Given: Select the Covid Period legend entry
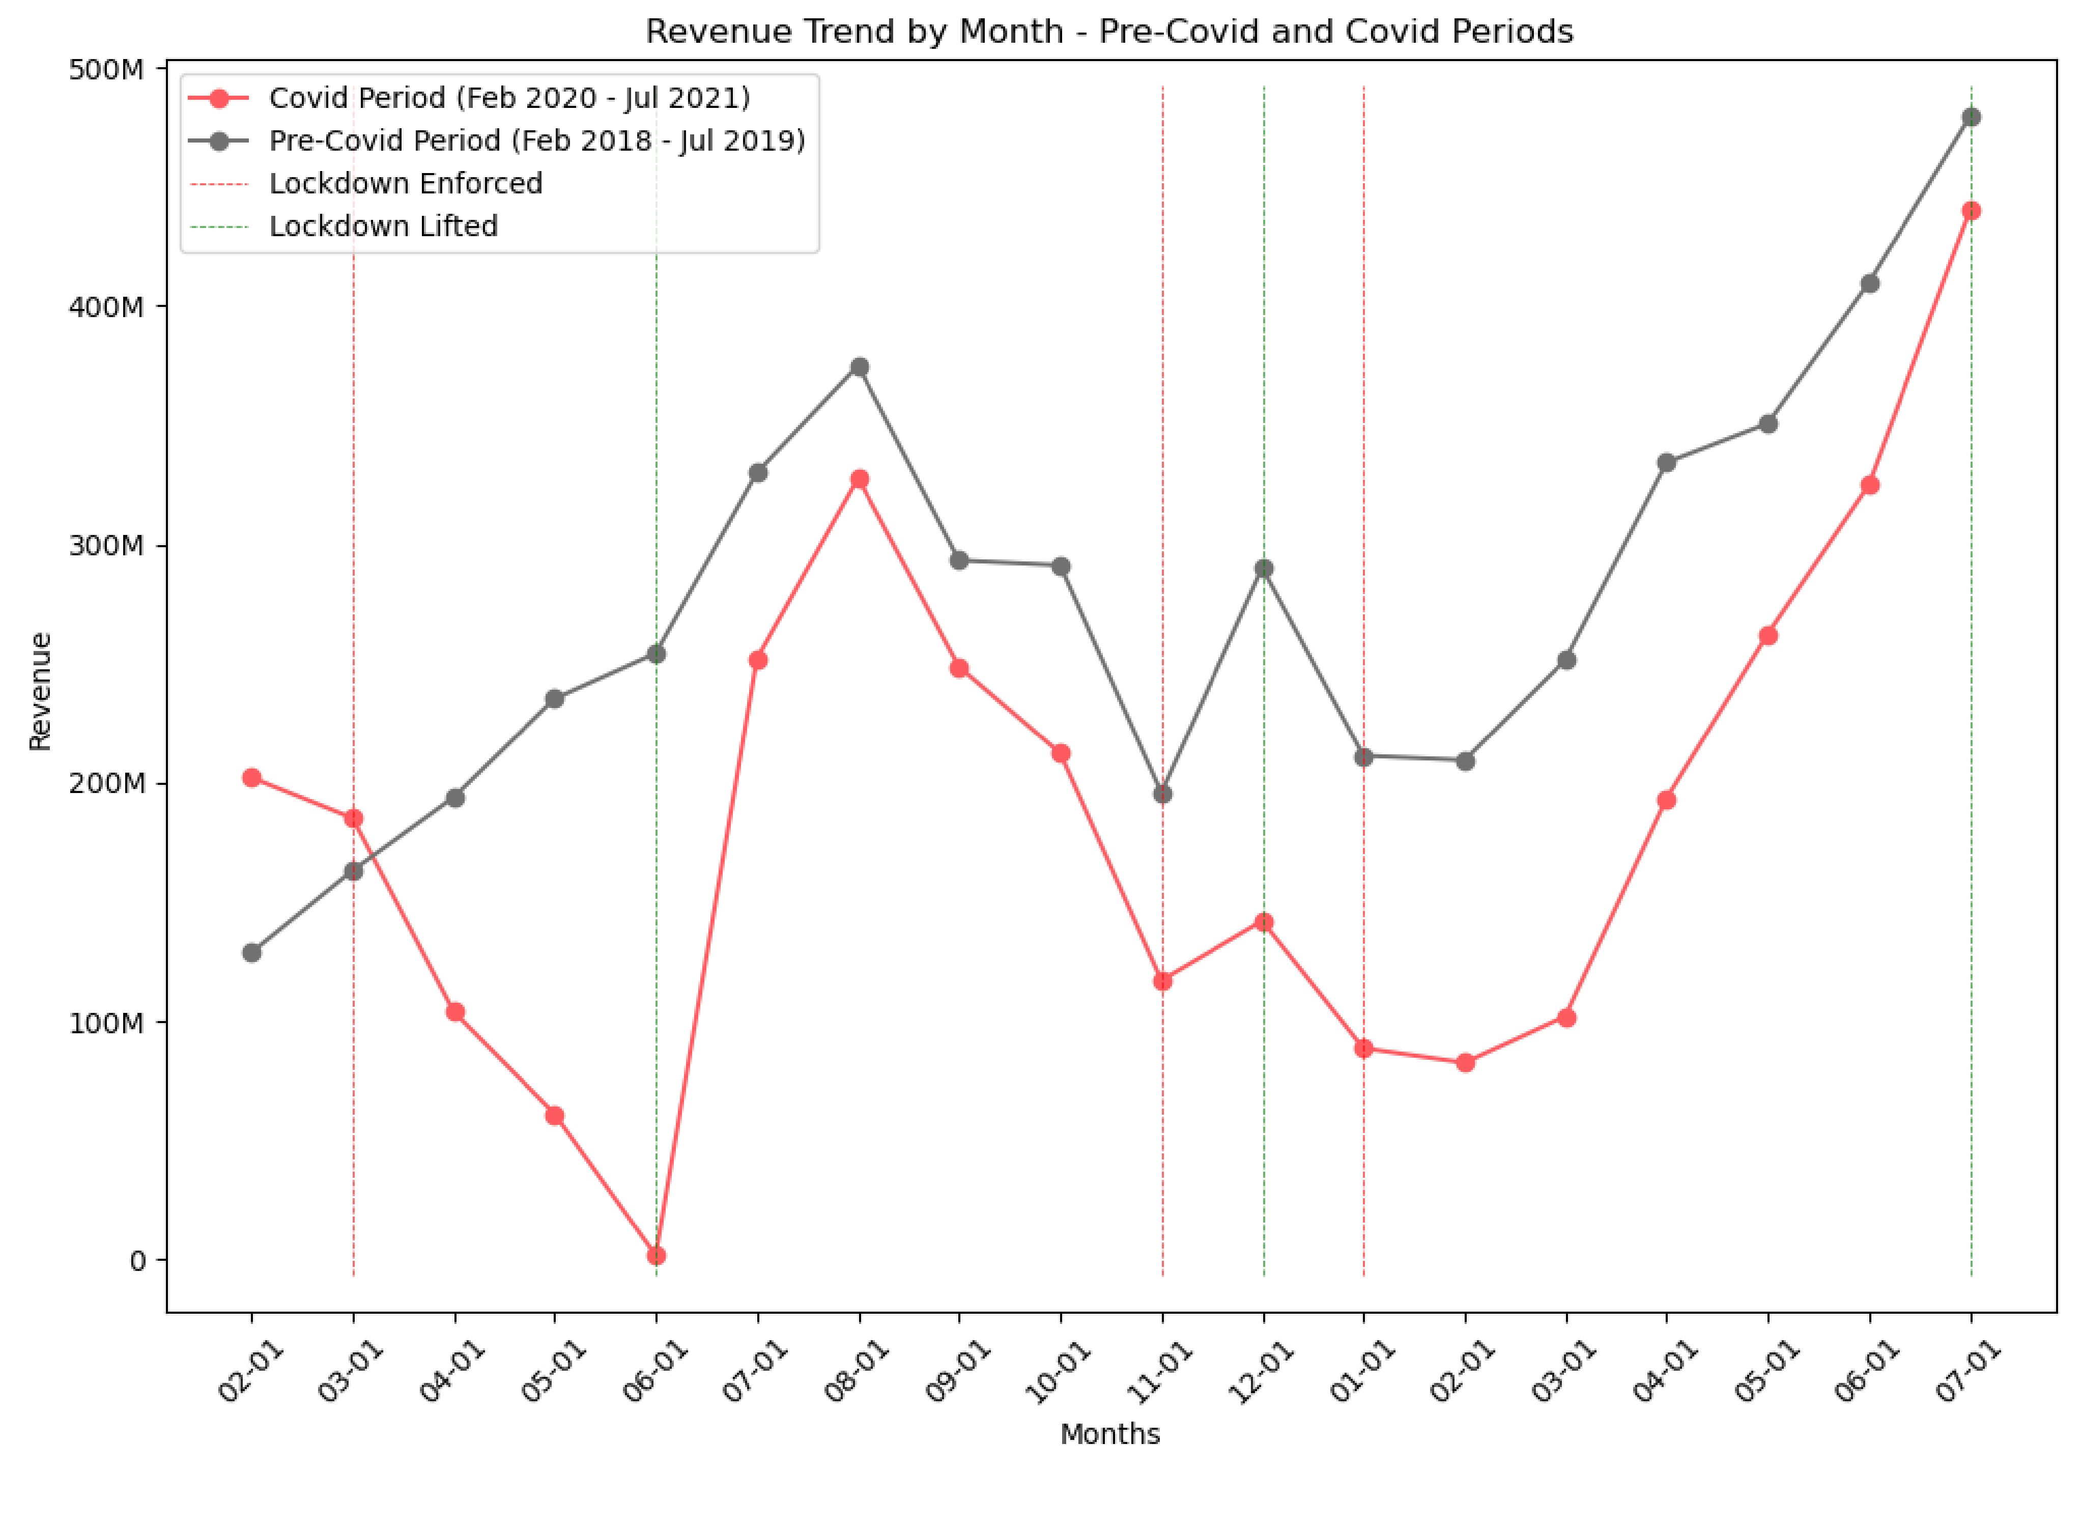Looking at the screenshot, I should (509, 98).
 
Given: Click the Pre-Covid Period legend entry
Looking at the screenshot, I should (536, 140).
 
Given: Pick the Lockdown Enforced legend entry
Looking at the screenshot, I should (405, 183).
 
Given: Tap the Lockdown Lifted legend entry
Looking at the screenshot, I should (383, 225).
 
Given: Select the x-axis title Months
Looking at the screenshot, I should (1109, 1434).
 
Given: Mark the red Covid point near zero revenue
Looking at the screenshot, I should (656, 1255).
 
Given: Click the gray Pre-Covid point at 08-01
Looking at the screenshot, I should (859, 367).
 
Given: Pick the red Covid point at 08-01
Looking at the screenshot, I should (859, 479).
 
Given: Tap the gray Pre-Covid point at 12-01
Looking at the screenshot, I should (1264, 569).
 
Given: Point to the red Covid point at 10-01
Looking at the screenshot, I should (1061, 754).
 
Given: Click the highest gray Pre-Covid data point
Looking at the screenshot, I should (1971, 118).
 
